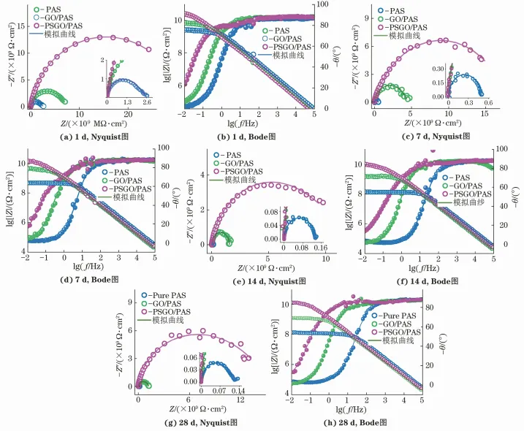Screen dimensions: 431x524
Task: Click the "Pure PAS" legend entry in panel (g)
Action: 167,295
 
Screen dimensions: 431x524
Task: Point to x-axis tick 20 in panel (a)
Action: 129,114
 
